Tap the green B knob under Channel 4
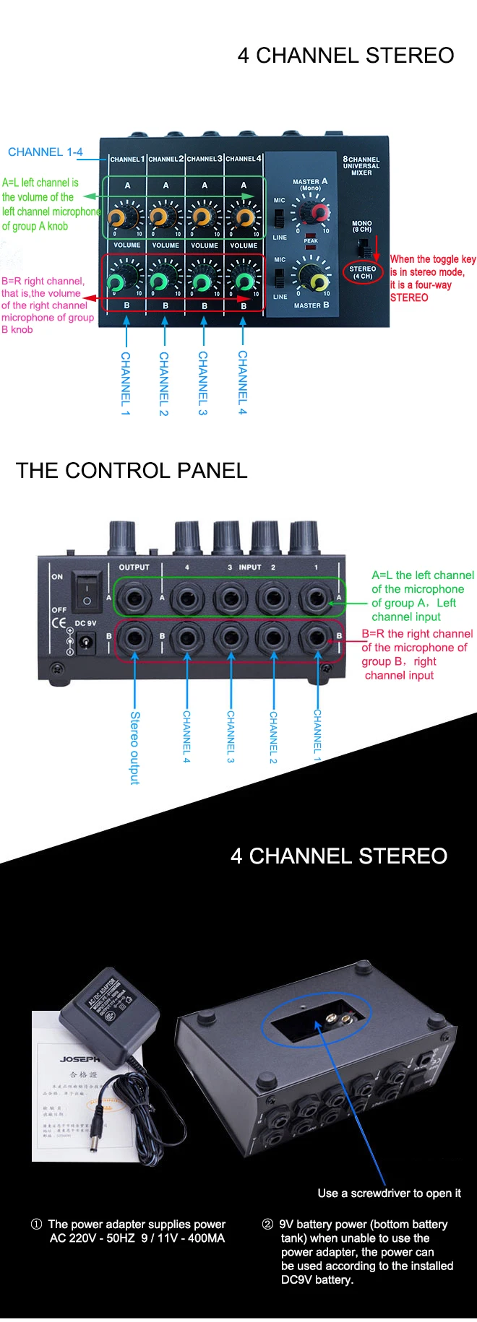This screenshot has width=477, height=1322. pyautogui.click(x=244, y=282)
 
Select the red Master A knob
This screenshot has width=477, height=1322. pyautogui.click(x=318, y=212)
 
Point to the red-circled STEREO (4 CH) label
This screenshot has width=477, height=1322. pyautogui.click(x=362, y=272)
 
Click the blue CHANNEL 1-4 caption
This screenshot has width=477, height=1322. pyautogui.click(x=46, y=152)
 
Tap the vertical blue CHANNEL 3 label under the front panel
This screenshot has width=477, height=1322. pyautogui.click(x=203, y=383)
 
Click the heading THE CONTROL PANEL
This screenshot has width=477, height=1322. pyautogui.click(x=132, y=471)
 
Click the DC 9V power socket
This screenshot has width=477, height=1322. pyautogui.click(x=87, y=640)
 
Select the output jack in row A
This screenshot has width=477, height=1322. pyautogui.click(x=134, y=599)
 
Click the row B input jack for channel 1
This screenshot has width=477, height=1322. pyautogui.click(x=316, y=638)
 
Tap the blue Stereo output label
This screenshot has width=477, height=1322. pyautogui.click(x=134, y=747)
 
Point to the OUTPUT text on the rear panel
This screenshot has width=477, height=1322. pyautogui.click(x=134, y=567)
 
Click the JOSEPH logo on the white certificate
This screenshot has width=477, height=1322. pyautogui.click(x=79, y=1059)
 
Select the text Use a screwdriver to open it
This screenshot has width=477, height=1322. pyautogui.click(x=389, y=1193)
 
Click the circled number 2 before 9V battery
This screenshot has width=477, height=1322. pyautogui.click(x=267, y=1224)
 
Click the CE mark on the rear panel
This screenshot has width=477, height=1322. pyautogui.click(x=59, y=623)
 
